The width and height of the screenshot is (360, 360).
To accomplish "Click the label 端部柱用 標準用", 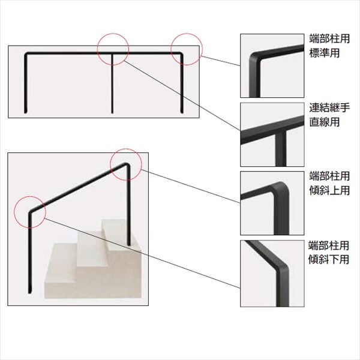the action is [329, 46].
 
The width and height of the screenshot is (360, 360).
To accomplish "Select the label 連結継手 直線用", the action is [329, 115].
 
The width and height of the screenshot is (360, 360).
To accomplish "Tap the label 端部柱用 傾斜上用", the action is [329, 183].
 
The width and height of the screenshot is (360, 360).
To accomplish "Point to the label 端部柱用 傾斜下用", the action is [329, 253].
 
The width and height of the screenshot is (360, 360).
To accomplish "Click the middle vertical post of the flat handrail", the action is [112, 84].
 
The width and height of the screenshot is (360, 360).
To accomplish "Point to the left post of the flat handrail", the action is [25, 84].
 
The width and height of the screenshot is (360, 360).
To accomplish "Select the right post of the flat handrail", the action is [182, 84].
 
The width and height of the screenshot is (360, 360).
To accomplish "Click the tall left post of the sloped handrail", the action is [29, 253].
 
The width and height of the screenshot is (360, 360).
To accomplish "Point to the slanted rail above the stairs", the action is [78, 187].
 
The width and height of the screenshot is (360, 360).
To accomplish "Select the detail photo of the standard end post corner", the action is [272, 65].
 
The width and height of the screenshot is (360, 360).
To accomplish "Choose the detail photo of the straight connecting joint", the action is [272, 134].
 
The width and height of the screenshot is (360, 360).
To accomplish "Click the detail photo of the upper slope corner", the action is [272, 203].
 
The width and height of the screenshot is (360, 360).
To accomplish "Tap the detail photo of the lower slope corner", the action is [272, 274].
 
